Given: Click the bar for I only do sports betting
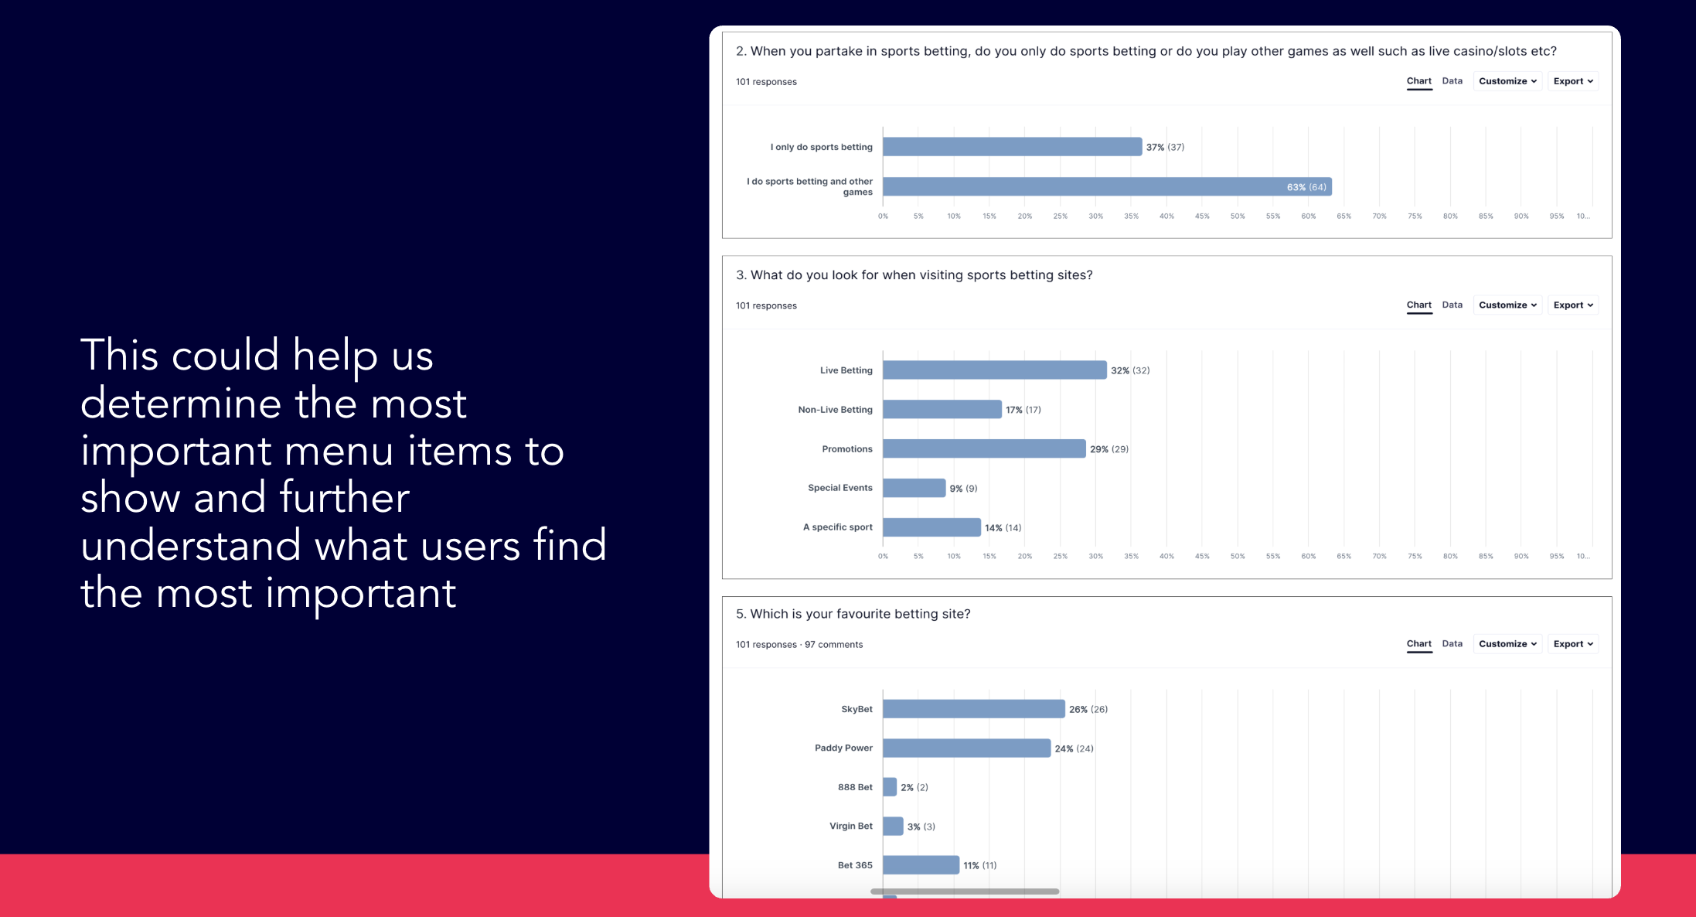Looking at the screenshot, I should coord(1012,147).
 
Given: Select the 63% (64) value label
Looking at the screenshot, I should coord(1306,187).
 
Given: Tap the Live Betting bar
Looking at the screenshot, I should coord(994,370).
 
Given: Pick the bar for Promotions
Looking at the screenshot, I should coord(983,448).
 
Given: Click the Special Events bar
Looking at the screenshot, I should coord(914,488).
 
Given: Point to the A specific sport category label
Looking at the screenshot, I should coord(837,527).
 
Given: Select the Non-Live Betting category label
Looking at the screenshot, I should coord(835,410).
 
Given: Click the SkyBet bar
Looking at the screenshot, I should coord(973,709).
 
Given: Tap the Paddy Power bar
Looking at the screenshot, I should coord(966,748).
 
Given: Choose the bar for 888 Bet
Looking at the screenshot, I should coord(890,787).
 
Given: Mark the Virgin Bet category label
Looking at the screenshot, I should coord(850,826).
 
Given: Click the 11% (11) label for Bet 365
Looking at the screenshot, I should coord(979,866).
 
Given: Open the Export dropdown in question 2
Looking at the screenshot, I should coord(1572,81).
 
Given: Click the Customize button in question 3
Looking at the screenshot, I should coord(1507,305).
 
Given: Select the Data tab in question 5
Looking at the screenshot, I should coord(1452,644).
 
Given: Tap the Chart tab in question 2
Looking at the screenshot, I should coord(1418,81).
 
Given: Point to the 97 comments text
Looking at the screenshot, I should coord(833,645).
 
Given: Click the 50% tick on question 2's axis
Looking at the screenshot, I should coord(1238,216).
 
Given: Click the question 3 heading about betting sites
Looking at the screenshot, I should coord(914,275).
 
